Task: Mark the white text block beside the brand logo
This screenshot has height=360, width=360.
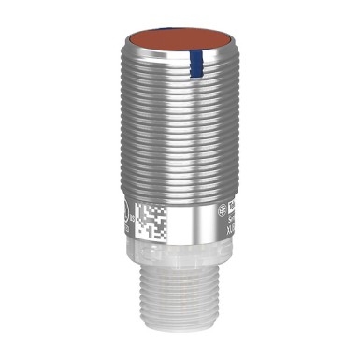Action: [236, 211]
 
